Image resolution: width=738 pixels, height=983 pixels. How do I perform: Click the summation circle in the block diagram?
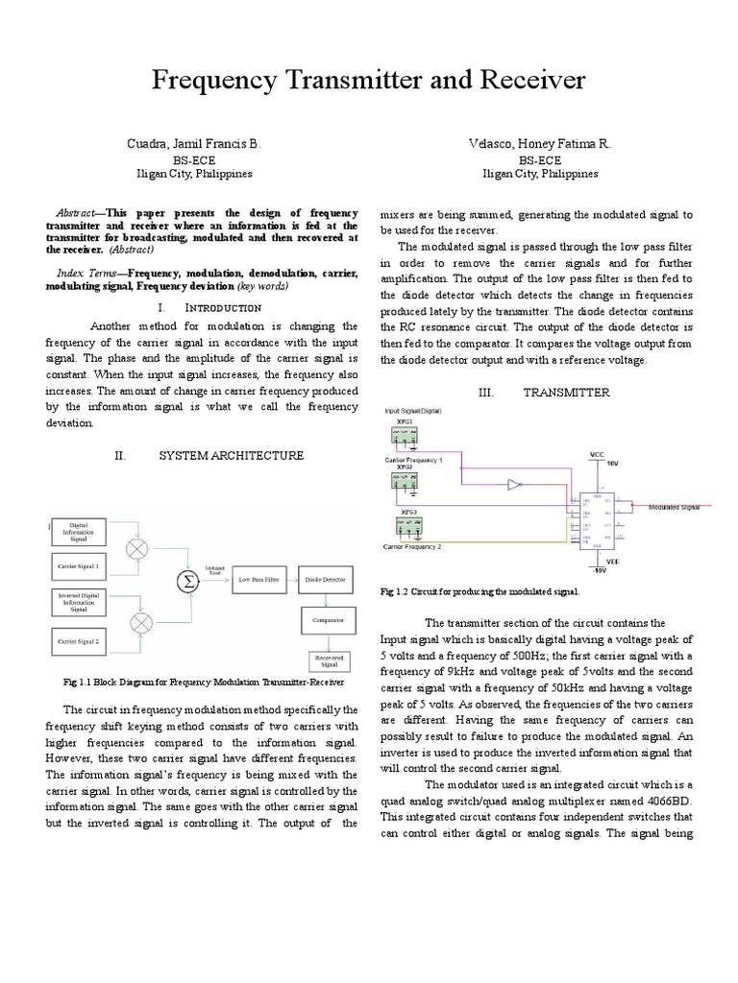click(x=183, y=580)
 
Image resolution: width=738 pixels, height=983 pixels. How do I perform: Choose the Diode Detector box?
click(x=327, y=580)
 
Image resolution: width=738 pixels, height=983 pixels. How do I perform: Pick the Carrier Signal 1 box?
click(x=79, y=567)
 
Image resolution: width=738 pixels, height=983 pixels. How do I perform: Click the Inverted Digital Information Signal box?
click(x=79, y=602)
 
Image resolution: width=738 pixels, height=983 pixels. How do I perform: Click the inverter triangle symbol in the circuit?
click(x=515, y=485)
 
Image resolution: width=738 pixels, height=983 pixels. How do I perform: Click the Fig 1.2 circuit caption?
click(x=480, y=593)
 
